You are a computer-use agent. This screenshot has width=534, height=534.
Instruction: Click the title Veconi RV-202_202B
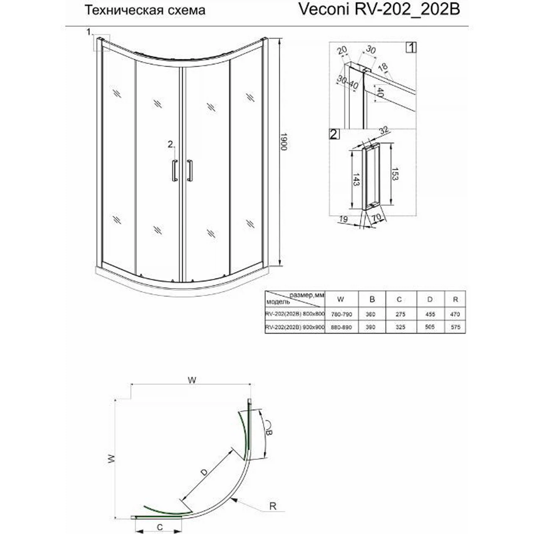[379, 10]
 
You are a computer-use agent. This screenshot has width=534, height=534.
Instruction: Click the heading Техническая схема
[145, 10]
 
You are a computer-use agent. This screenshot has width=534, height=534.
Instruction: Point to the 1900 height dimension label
[283, 142]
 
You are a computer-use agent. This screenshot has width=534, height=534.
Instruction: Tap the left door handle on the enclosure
[174, 171]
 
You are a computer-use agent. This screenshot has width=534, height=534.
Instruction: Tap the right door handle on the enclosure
[190, 171]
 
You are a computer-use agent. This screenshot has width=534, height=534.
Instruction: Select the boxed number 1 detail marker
[411, 47]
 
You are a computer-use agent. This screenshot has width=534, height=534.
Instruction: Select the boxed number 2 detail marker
[334, 134]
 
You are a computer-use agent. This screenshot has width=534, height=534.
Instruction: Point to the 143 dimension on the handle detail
[355, 179]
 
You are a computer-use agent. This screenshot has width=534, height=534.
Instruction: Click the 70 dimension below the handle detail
[376, 217]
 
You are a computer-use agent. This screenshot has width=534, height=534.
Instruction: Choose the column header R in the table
[455, 299]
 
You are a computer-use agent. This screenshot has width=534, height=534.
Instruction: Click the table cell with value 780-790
[342, 314]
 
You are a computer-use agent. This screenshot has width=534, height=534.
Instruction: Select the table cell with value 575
[455, 327]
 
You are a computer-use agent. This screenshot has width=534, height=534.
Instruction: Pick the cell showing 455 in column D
[430, 314]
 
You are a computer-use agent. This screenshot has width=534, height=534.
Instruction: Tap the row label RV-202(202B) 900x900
[295, 327]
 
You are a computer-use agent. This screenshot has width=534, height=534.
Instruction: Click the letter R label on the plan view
[273, 506]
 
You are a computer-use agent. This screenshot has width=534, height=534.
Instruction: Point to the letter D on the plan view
[204, 472]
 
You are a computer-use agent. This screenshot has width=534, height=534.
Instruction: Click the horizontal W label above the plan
[192, 380]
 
